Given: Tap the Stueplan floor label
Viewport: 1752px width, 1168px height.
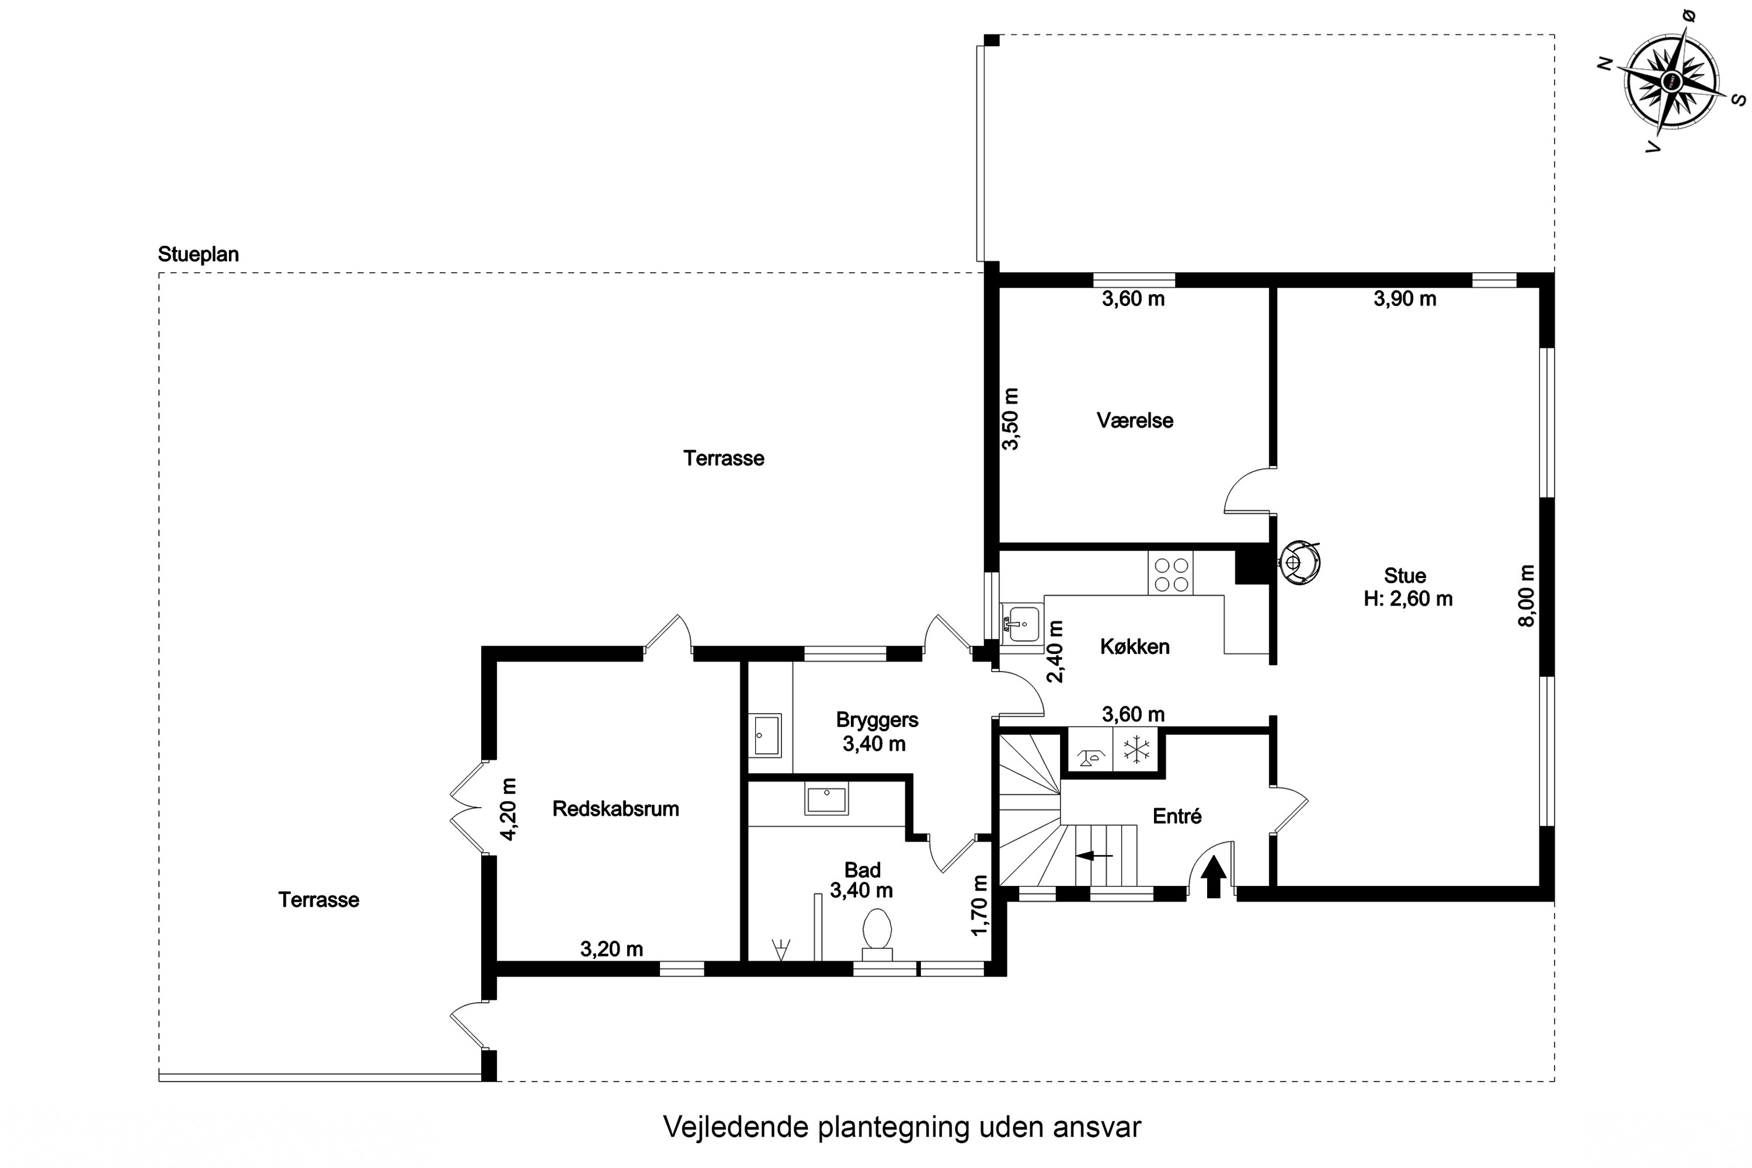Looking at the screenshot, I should click(198, 254).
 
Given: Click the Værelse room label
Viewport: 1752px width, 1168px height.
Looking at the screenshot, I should click(1135, 420).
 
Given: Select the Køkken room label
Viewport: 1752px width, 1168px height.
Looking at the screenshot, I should click(1135, 646).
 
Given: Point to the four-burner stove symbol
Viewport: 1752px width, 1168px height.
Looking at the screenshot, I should click(1170, 574).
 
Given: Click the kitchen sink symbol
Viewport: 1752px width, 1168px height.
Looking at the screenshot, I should click(1020, 623).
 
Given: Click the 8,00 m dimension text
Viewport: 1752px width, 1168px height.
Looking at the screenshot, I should click(1527, 596).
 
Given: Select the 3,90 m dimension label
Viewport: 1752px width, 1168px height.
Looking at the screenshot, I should click(1404, 298).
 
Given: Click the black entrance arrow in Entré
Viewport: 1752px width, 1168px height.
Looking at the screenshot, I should click(1214, 876).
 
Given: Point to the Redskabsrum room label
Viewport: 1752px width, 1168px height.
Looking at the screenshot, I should click(616, 809).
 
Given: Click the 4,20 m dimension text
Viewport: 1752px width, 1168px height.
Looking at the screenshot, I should click(508, 809).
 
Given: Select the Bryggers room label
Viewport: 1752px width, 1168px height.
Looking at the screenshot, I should click(877, 719).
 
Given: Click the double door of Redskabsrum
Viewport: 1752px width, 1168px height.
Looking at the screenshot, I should click(468, 808).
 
